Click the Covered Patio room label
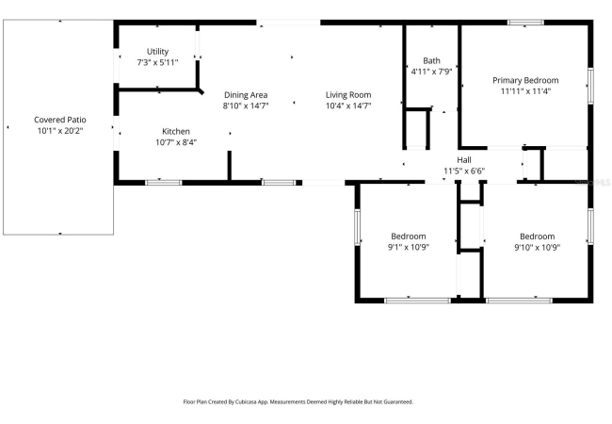(x=60, y=120)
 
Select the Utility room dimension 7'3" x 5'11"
(x=157, y=62)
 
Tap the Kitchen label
(x=176, y=132)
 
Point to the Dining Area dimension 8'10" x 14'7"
(x=246, y=106)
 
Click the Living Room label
(x=348, y=95)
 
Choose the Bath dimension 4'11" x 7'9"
(x=431, y=72)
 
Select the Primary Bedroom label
(x=525, y=80)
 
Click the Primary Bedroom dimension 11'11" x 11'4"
(x=525, y=91)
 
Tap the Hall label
(x=464, y=160)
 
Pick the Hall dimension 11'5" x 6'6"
(x=464, y=171)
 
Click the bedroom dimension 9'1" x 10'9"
(x=409, y=247)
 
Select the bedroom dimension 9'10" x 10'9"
(x=538, y=247)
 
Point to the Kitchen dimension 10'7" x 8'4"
(x=176, y=142)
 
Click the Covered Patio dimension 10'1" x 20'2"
(x=60, y=131)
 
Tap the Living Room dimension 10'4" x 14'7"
(x=348, y=106)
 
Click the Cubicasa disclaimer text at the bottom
(x=298, y=401)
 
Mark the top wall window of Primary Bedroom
(x=525, y=23)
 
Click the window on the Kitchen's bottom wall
(x=164, y=183)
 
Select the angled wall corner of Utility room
(x=201, y=91)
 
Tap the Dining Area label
(x=246, y=95)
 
